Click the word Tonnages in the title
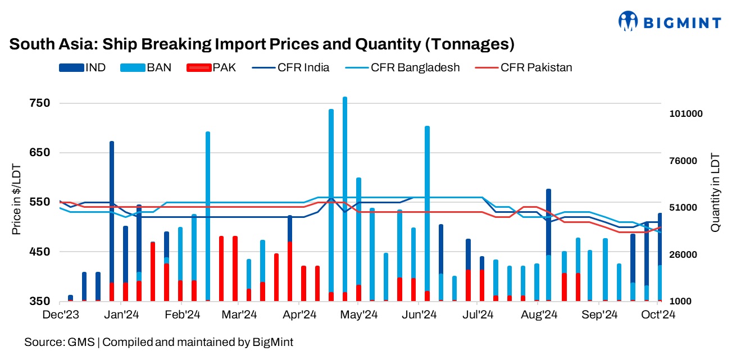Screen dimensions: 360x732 pos(473,44)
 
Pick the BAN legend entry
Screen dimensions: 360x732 pos(144,68)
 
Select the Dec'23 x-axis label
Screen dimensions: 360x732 pos(61,315)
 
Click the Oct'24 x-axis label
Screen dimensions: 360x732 pos(658,315)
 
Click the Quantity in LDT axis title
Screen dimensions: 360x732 pos(715,192)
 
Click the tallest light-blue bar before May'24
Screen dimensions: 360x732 pos(345,197)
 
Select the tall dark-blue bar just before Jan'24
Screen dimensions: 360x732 pos(112,213)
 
